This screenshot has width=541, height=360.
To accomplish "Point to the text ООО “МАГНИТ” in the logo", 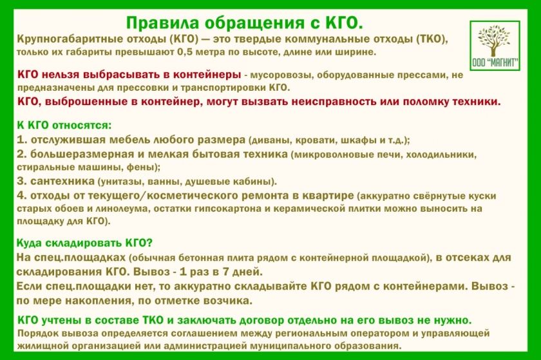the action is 495,62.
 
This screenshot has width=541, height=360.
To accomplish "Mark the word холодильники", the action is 441,155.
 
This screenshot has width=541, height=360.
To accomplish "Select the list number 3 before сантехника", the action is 21,181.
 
